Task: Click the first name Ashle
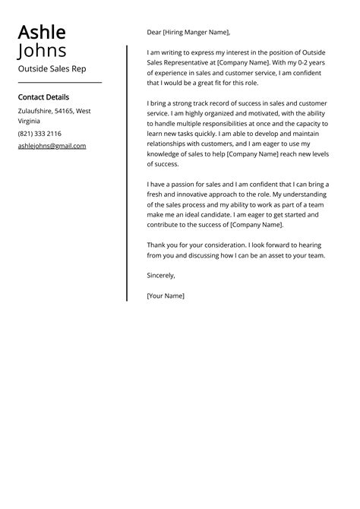point(42,33)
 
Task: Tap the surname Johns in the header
point(42,51)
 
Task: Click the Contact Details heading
point(43,97)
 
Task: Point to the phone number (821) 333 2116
point(39,134)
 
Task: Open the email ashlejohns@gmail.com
point(52,146)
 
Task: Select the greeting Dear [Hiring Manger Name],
point(188,33)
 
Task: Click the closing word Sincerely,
point(161,275)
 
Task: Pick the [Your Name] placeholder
point(166,296)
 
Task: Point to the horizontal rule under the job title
point(59,82)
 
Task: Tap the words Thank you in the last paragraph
point(164,245)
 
